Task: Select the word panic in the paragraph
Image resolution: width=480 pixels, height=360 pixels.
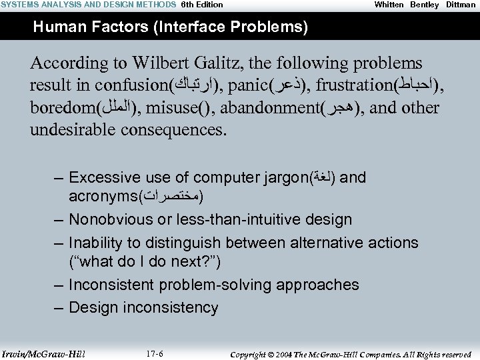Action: pyautogui.click(x=249, y=86)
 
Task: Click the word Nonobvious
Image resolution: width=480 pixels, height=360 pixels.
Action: pyautogui.click(x=111, y=219)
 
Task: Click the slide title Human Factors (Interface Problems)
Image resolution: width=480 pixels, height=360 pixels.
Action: pyautogui.click(x=170, y=27)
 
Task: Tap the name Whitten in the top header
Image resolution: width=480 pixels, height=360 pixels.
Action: pyautogui.click(x=389, y=5)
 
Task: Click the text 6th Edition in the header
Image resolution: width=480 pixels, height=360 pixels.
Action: pyautogui.click(x=202, y=5)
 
